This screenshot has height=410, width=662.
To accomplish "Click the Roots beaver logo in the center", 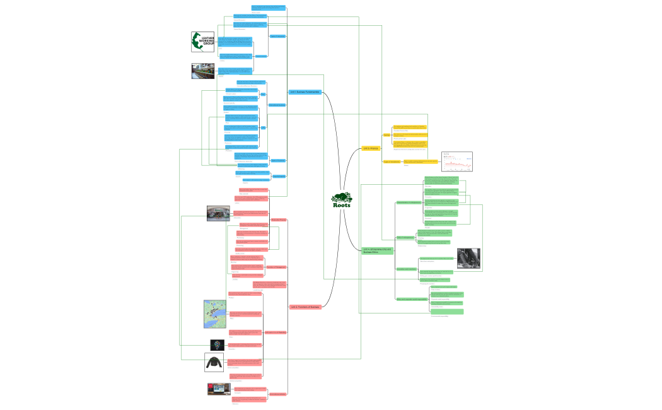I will click(341, 201).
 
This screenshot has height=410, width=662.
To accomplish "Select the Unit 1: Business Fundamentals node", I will click(305, 92).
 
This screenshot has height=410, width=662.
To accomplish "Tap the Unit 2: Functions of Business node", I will click(306, 307).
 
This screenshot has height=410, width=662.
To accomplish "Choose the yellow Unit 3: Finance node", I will click(371, 148).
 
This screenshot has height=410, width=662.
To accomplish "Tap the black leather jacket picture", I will click(214, 362).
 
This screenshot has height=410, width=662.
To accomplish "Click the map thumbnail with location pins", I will click(215, 313).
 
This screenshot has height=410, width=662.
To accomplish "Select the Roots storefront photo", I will click(218, 213).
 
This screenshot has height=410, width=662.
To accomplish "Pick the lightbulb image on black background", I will click(218, 345).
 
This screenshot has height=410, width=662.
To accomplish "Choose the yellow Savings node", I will click(386, 135).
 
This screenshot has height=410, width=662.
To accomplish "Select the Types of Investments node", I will click(392, 162).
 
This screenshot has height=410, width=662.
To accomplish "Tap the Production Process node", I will click(279, 220).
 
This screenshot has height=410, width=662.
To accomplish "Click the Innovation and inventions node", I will click(407, 269).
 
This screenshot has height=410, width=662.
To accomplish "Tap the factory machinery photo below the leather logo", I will click(203, 71).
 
